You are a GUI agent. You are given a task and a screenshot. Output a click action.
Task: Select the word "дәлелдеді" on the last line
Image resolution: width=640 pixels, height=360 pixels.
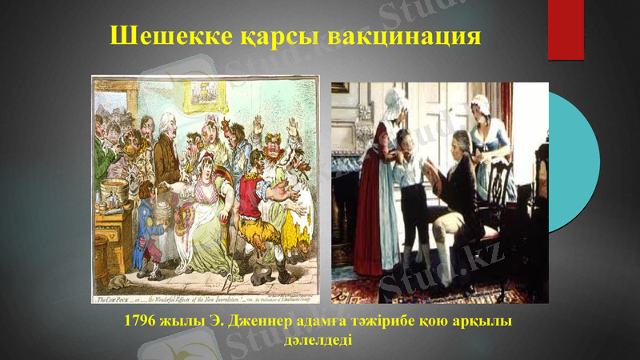click(318, 339)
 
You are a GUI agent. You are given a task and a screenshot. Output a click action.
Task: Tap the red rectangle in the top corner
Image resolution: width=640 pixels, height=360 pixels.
click(566, 30)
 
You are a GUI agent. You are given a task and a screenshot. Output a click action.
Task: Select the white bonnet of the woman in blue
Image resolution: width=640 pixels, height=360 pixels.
click(480, 102)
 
